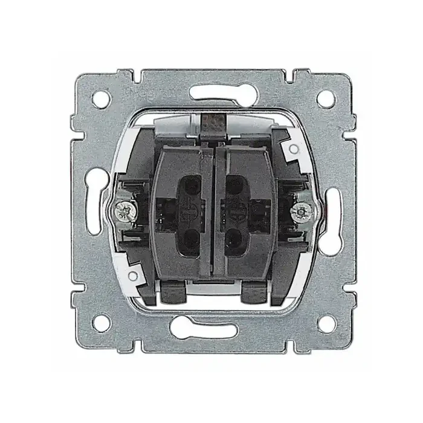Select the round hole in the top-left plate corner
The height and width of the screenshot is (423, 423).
coord(98,98)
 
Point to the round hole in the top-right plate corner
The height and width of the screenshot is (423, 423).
coord(325,98)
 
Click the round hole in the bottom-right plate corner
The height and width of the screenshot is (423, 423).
coord(325,323)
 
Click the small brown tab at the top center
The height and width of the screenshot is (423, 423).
coord(212,123)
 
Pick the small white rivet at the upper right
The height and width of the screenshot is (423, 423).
coord(293,148)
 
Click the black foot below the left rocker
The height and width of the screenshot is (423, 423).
coord(175,295)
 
